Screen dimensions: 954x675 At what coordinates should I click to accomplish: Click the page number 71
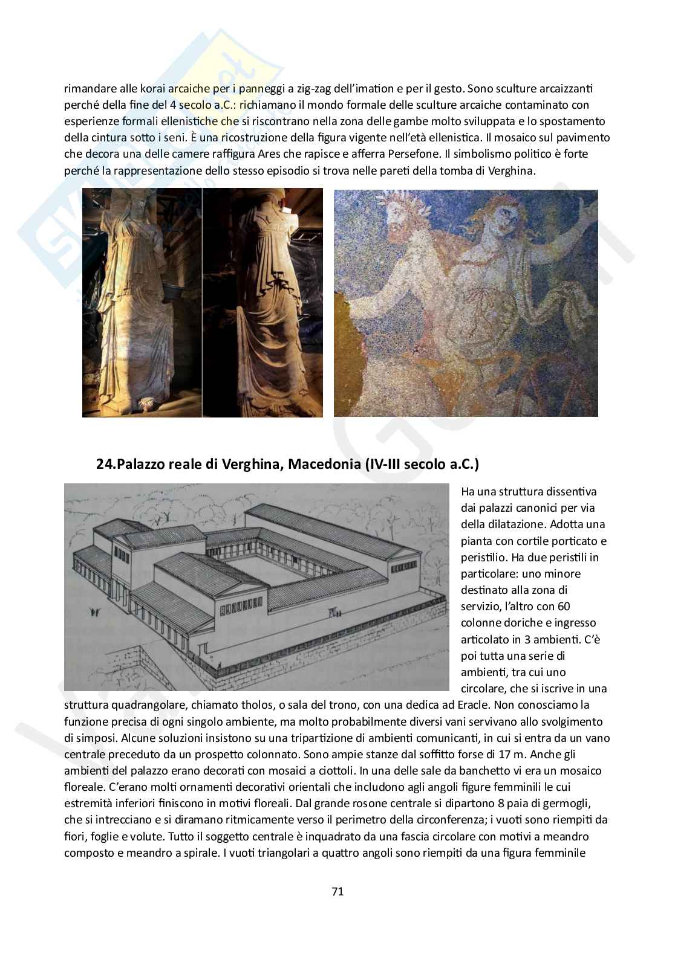[x=337, y=891]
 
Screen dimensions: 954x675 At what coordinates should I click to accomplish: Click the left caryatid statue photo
[x=142, y=302]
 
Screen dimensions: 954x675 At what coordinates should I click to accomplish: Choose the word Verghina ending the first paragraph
[x=514, y=170]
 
